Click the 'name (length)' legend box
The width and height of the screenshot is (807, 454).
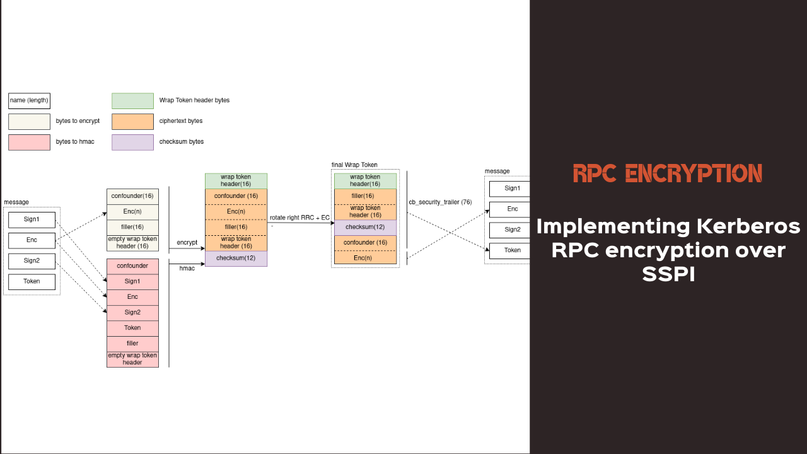pyautogui.click(x=29, y=101)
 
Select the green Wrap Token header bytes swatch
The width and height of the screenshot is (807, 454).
pyautogui.click(x=132, y=101)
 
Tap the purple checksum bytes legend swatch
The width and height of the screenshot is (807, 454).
pyautogui.click(x=132, y=143)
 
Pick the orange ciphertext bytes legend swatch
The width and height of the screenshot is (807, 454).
pyautogui.click(x=132, y=122)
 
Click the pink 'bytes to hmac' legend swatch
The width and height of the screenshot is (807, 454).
pyautogui.click(x=29, y=143)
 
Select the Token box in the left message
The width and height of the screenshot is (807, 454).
pyautogui.click(x=32, y=282)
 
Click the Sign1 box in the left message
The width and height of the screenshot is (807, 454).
pyautogui.click(x=32, y=220)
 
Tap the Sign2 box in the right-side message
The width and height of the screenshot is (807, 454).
pyautogui.click(x=512, y=230)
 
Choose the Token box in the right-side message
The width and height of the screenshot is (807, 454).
pyautogui.click(x=512, y=250)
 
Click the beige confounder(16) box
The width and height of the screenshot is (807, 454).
pyautogui.click(x=132, y=196)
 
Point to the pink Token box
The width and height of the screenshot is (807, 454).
pyautogui.click(x=132, y=328)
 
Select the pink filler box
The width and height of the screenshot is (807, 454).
pyautogui.click(x=132, y=344)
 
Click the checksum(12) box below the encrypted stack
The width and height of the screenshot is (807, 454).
pyautogui.click(x=236, y=259)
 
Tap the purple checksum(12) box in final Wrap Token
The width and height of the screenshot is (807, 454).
pyautogui.click(x=365, y=227)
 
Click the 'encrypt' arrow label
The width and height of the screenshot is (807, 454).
pyautogui.click(x=187, y=243)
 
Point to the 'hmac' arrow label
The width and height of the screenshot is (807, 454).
pyautogui.click(x=187, y=269)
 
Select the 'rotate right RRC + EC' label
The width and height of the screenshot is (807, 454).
pyautogui.click(x=299, y=218)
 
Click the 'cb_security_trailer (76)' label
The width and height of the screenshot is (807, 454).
pyautogui.click(x=440, y=202)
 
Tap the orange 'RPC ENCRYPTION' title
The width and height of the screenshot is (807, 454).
pyautogui.click(x=668, y=173)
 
